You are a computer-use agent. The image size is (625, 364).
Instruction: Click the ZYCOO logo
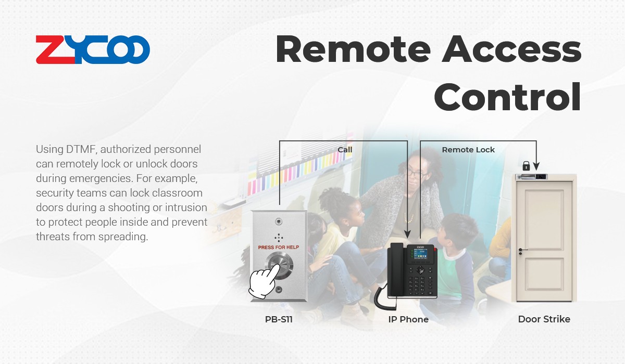[x=93, y=49]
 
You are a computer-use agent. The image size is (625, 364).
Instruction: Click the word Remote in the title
[x=353, y=49]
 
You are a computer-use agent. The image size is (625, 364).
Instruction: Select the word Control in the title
[x=507, y=96]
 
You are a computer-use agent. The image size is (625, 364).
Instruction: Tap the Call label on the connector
[x=345, y=150]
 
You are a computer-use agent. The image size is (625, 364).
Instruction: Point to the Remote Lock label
[x=468, y=150]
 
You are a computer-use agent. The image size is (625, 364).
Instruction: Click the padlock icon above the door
[x=526, y=166]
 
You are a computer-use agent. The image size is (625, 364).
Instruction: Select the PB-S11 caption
[x=279, y=319]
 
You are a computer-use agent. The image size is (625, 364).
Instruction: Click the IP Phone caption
[x=408, y=319]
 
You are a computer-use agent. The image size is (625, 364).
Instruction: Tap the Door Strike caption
[x=544, y=319]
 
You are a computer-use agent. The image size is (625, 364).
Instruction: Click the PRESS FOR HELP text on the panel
[x=279, y=248]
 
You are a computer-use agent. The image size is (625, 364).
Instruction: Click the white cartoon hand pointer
[x=264, y=281]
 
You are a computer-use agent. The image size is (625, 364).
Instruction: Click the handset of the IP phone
[x=396, y=269]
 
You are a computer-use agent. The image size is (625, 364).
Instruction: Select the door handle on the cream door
[x=522, y=251]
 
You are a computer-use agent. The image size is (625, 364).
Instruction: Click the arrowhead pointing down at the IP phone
[x=408, y=234]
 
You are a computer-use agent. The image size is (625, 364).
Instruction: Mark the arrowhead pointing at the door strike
[x=536, y=166]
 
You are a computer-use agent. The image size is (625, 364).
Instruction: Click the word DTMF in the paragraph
[x=81, y=149]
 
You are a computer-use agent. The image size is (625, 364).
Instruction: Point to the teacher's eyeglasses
[x=417, y=173]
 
